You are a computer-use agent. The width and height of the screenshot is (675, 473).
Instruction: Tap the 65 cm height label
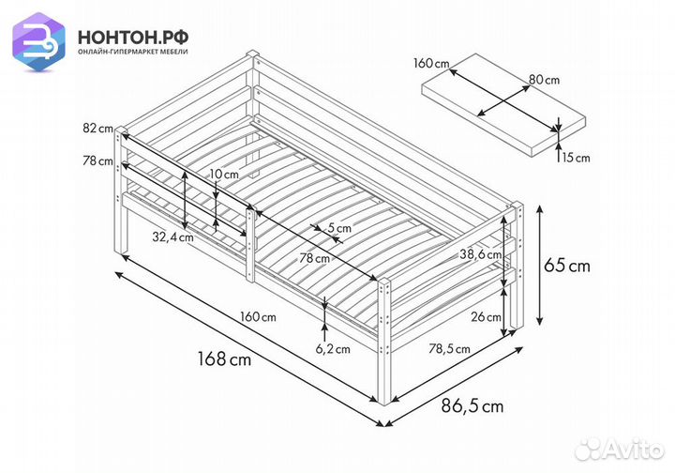[x=567, y=266]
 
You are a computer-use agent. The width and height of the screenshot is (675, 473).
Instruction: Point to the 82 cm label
[x=97, y=128]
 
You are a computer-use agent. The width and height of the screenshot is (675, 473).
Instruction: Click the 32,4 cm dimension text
[x=173, y=236]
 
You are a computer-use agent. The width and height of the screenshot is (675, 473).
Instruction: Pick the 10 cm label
[x=224, y=175]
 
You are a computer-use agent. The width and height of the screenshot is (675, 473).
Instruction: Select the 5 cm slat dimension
[x=337, y=227]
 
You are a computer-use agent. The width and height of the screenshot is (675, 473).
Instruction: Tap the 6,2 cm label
[x=331, y=349]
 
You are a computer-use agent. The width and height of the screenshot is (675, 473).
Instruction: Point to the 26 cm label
[x=486, y=316]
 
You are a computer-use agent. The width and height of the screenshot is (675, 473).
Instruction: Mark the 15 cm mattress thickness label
[x=577, y=158]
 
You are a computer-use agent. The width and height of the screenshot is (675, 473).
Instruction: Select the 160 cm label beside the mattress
[x=430, y=65]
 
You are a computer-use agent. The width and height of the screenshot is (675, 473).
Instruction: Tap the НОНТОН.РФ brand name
[x=133, y=36]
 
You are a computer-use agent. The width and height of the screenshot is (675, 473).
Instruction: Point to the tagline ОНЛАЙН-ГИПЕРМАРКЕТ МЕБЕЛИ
[x=133, y=53]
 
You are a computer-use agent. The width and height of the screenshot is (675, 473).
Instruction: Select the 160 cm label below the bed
[x=257, y=316]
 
